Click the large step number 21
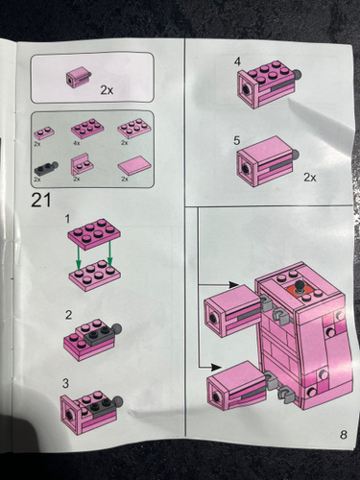click(41, 201)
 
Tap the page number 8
click(344, 435)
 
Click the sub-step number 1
click(67, 219)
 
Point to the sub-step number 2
click(68, 315)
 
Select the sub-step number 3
click(65, 383)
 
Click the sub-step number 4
click(237, 61)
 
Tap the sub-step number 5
click(236, 140)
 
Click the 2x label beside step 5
click(310, 177)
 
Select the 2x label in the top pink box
click(107, 90)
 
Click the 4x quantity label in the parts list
click(77, 144)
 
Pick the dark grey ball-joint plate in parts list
click(46, 167)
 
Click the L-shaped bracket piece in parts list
click(82, 164)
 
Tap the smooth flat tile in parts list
click(134, 166)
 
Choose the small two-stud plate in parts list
click(44, 132)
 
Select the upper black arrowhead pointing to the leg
click(233, 284)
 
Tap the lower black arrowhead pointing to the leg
click(216, 367)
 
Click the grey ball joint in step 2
click(116, 328)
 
